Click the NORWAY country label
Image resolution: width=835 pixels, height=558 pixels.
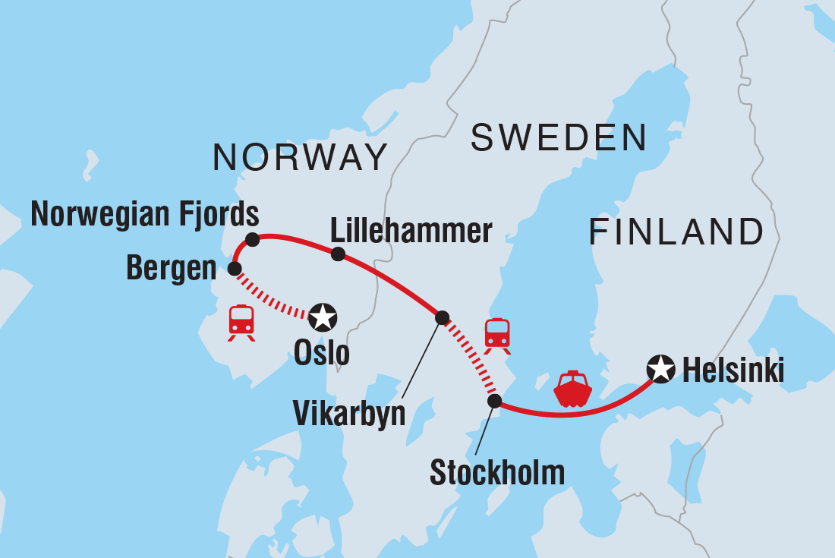coord(301,157)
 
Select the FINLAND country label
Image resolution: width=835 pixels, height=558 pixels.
coord(676,232)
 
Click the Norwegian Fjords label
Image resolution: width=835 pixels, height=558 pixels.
coord(145,215)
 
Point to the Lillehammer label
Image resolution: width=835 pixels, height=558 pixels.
coord(411,231)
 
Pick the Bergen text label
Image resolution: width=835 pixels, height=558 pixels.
coord(172,269)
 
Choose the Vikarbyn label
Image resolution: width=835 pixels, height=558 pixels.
coord(349,415)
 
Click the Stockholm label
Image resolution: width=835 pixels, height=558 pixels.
coord(497,472)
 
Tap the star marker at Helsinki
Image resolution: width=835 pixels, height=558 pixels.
coord(660,369)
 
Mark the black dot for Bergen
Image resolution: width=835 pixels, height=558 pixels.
coord(235,268)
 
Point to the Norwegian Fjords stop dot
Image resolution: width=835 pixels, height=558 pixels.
coord(253,240)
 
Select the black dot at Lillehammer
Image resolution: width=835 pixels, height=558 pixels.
coord(338,254)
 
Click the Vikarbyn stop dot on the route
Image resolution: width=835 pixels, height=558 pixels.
coord(442,317)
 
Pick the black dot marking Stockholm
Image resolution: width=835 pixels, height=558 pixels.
coord(494,401)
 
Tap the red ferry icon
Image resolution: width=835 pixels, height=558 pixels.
coord(572,389)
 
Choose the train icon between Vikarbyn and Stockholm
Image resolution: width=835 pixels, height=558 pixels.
coord(497,335)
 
